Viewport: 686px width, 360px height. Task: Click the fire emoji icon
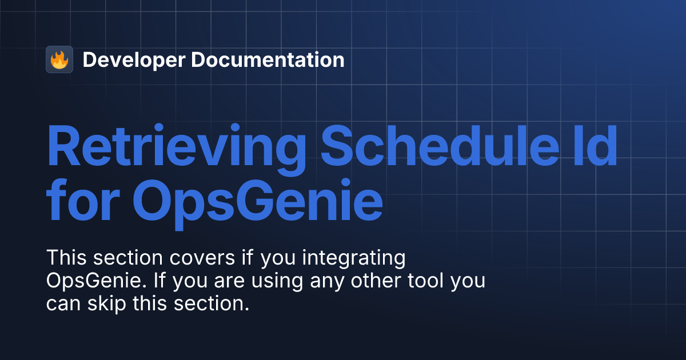point(59,59)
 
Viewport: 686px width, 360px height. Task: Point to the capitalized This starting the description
point(65,258)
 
